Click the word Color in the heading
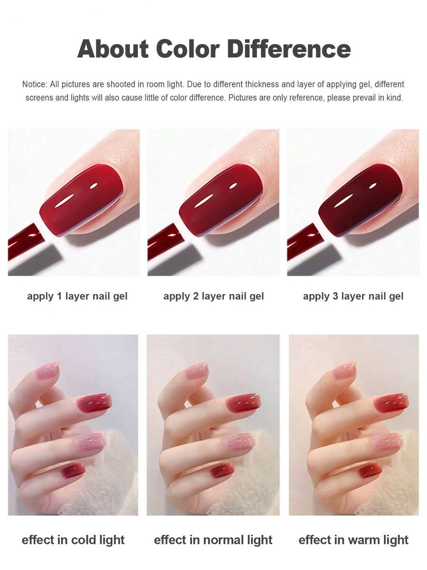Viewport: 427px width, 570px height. coord(187,49)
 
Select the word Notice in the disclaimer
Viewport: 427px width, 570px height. coord(34,85)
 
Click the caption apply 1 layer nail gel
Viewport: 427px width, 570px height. coord(77,296)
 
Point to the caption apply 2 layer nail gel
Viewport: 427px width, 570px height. coord(213,296)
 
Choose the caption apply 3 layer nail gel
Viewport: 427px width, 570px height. coord(353,296)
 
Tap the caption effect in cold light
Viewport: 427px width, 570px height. coord(73,540)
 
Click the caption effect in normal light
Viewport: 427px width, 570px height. coord(213,540)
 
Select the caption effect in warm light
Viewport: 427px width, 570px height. coord(353,540)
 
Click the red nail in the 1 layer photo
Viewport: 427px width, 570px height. coord(82,199)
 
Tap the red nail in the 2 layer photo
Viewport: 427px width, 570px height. coord(221,199)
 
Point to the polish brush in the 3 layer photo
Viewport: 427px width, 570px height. coord(304,242)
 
